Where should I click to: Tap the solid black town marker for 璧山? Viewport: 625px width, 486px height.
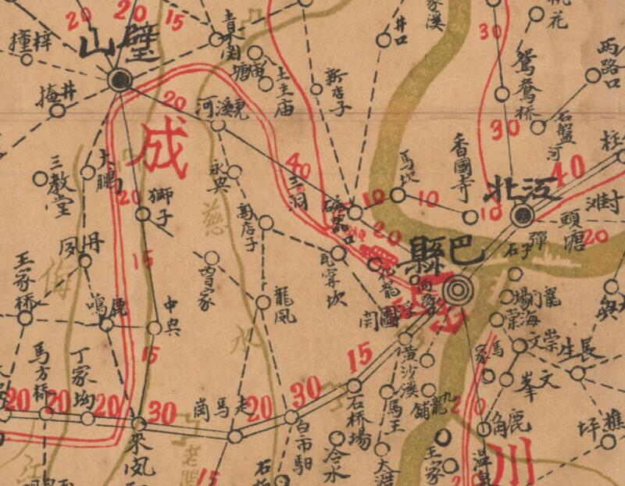[x=119, y=78]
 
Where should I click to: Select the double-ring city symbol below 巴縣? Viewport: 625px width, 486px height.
[x=458, y=291]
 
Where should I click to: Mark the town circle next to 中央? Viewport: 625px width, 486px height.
[x=155, y=327]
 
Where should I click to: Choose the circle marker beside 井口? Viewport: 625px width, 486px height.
[x=382, y=40]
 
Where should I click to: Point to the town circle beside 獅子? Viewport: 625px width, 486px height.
[x=142, y=213]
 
